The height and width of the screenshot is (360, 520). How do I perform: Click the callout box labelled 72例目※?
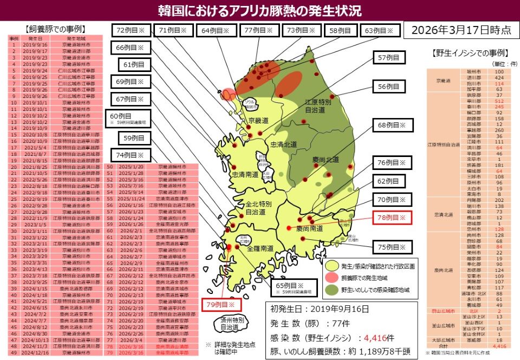coord(131,31)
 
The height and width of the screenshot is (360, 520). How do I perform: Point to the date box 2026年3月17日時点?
coord(460,30)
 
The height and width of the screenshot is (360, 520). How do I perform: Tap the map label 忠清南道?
coord(245,175)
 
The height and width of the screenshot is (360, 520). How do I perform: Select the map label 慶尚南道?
coord(309,229)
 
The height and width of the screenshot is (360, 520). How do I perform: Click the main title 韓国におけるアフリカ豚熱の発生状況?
coord(260,10)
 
